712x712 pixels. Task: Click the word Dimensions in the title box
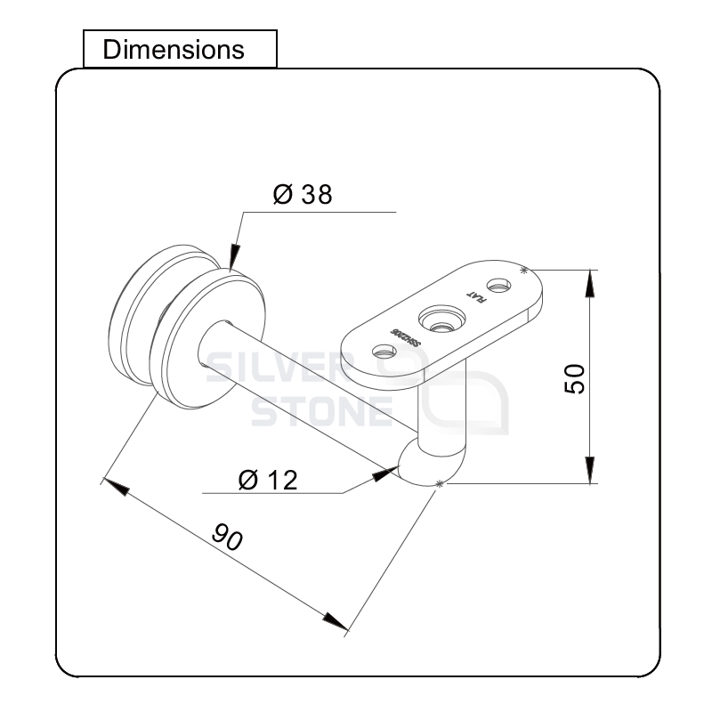(x=174, y=49)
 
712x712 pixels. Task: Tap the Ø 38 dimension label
(x=303, y=195)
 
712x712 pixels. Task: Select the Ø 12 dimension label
(x=268, y=480)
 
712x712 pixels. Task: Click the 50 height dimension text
(x=574, y=378)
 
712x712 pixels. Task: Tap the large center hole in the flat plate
(x=441, y=319)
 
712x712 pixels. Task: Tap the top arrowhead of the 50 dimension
(x=589, y=283)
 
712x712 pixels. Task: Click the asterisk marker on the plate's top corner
(x=524, y=269)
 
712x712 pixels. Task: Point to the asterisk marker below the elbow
(x=438, y=483)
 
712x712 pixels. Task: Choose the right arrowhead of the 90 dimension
(x=336, y=620)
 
